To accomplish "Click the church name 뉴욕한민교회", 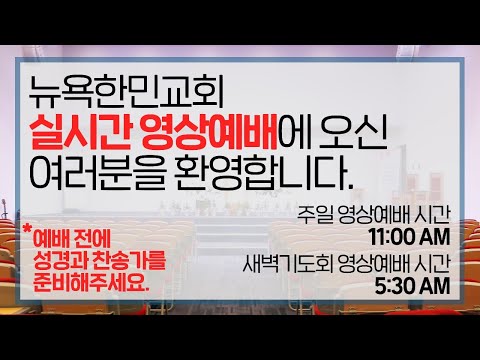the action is coord(126,93).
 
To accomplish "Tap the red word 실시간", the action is coord(79,132).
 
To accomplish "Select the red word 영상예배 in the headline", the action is coord(208,132).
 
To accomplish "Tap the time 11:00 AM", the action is coord(409,237).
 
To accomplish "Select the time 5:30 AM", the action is coord(412,286).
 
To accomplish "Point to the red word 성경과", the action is coord(59,260).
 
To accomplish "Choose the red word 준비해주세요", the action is coord(91,283).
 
